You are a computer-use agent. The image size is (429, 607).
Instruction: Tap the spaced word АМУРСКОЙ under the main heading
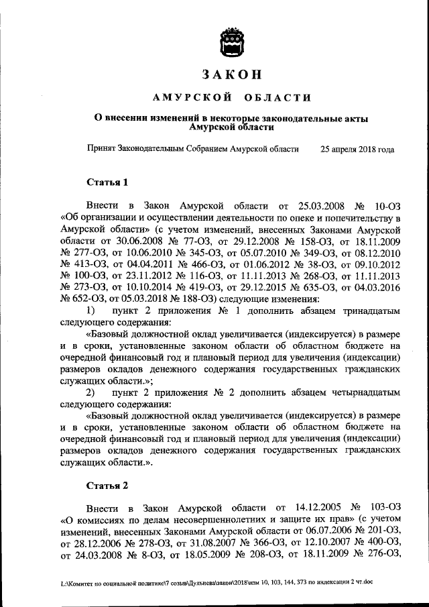coord(188,97)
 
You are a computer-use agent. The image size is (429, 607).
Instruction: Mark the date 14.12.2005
coord(317,507)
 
